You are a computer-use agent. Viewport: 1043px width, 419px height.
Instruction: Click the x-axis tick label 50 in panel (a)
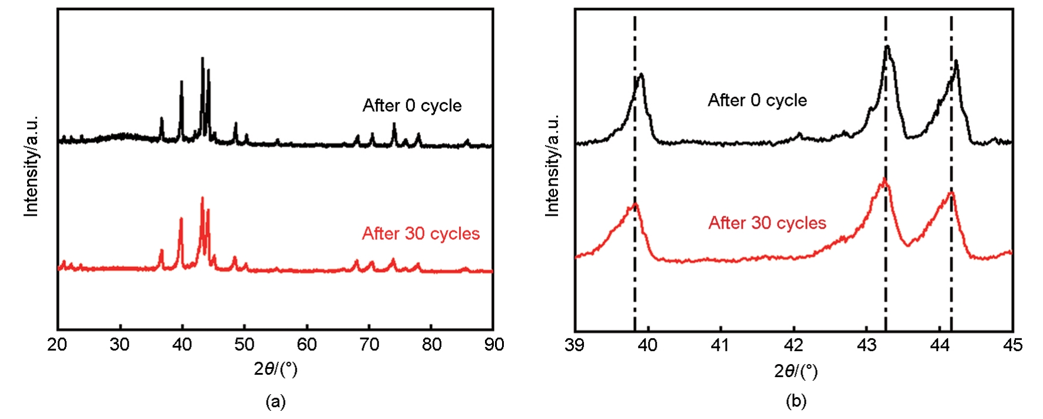(244, 345)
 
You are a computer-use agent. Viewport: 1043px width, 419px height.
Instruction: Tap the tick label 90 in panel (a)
(494, 345)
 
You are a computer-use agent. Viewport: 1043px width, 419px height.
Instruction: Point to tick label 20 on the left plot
(57, 345)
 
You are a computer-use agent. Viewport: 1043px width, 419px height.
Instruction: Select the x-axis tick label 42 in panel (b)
(793, 345)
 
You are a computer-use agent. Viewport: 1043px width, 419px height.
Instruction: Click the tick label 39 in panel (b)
(574, 345)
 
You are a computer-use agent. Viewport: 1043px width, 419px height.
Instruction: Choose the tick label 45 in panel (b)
(1012, 345)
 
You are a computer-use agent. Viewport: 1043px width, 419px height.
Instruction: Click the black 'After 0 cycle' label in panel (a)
(412, 105)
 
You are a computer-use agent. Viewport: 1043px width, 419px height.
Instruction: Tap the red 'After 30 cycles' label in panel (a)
(421, 234)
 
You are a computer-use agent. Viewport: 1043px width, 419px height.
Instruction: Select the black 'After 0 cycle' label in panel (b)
(757, 100)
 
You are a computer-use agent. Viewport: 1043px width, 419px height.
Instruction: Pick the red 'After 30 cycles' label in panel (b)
(767, 223)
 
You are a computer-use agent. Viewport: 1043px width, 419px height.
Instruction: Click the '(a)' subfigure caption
(275, 402)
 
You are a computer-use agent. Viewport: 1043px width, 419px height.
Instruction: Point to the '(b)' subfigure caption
(796, 402)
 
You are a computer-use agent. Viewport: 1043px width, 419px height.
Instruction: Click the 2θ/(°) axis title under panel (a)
(275, 369)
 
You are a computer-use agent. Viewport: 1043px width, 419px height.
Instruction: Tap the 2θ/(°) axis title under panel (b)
(796, 371)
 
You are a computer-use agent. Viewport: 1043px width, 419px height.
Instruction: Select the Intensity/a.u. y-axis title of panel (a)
(31, 166)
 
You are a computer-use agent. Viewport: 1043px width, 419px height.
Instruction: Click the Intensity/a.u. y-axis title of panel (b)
(552, 166)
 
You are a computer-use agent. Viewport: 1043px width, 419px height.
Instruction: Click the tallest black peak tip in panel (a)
(202, 58)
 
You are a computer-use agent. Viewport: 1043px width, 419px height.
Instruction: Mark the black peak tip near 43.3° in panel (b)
(887, 46)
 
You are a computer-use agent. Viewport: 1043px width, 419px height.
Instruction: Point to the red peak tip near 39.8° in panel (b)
(635, 203)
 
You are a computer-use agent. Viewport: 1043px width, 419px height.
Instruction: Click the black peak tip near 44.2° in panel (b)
(956, 61)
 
